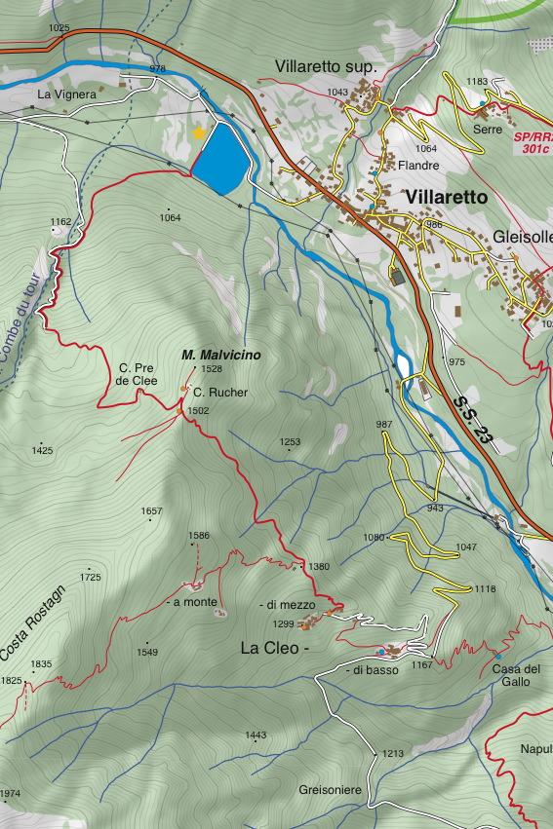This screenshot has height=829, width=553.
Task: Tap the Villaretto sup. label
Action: click(325, 66)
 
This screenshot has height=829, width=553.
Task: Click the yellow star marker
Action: click(199, 132)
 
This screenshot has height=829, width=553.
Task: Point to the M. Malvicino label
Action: click(221, 356)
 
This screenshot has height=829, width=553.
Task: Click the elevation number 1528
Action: click(212, 369)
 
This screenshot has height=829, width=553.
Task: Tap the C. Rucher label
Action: click(220, 393)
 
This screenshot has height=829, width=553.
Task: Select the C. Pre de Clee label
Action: click(137, 374)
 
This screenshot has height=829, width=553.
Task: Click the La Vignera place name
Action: click(67, 94)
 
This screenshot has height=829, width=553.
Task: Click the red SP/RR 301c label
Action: click(533, 142)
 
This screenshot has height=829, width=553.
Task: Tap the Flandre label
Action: click(418, 166)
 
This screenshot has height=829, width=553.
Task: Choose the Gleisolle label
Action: click(523, 237)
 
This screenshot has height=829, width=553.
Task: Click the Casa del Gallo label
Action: click(516, 675)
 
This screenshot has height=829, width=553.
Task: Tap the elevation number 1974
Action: click(10, 795)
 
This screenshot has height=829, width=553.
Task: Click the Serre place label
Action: click(488, 129)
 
